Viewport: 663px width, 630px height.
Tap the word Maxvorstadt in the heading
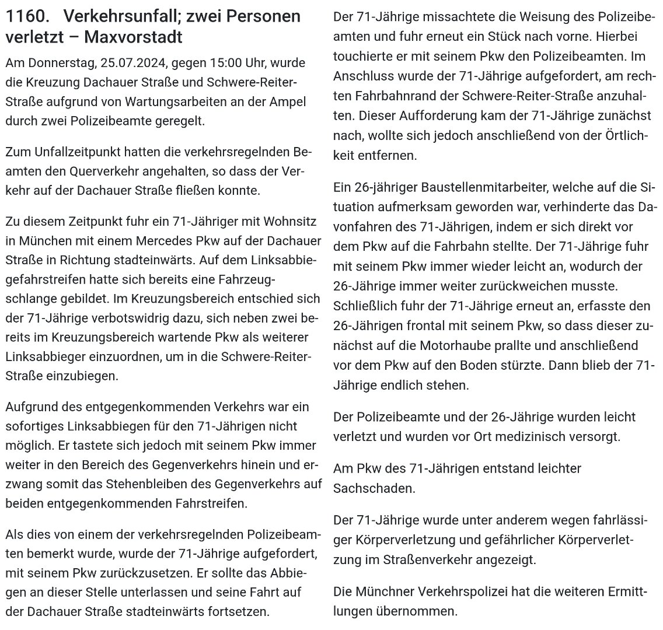[x=134, y=38]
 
